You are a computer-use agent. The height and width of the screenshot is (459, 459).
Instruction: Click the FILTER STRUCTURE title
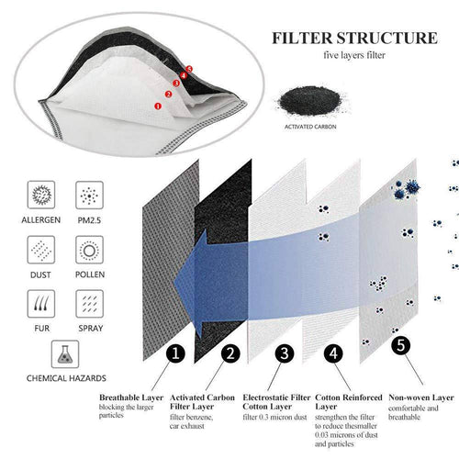click(354, 39)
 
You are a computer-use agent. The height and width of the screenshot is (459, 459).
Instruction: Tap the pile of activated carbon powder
click(310, 101)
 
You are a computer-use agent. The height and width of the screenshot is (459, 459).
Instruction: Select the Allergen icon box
click(41, 195)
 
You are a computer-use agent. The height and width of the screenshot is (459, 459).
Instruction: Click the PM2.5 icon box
click(89, 195)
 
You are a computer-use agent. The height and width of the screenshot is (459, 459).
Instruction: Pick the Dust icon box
click(41, 250)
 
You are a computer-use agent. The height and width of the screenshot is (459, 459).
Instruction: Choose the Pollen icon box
click(89, 250)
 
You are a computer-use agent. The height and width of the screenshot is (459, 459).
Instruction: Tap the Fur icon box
click(41, 304)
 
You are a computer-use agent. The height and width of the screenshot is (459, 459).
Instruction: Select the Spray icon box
click(89, 304)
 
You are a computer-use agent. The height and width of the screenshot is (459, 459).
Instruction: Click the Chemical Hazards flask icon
click(65, 354)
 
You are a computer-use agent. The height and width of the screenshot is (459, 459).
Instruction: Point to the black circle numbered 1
click(175, 353)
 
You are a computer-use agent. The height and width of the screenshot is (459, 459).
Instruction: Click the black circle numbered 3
click(285, 353)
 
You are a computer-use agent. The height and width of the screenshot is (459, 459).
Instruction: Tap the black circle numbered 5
click(401, 346)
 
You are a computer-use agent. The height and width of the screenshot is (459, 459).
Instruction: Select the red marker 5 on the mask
click(189, 69)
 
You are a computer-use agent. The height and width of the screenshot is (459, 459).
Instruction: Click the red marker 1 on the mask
click(158, 106)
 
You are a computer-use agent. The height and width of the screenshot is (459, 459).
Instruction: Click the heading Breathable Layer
click(131, 397)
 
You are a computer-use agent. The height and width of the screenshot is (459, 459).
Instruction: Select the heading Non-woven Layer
click(421, 397)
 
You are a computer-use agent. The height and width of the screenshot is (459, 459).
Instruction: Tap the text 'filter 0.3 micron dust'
click(274, 417)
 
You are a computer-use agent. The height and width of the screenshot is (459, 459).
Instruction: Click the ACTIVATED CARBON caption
click(310, 127)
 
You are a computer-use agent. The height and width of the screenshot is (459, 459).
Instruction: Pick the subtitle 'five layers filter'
click(354, 55)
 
